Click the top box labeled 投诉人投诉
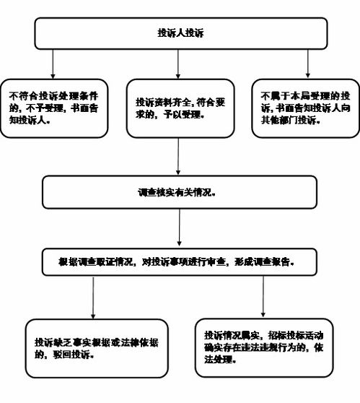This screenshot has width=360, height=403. coord(180,33)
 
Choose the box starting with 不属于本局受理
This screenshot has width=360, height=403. coord(308,108)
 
